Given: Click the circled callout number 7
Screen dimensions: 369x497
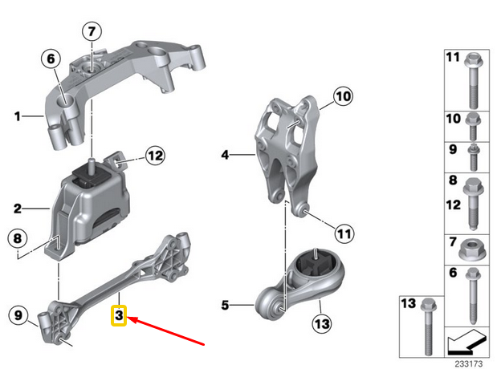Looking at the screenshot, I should click(91, 33).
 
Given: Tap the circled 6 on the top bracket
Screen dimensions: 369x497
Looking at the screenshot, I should click(51, 59).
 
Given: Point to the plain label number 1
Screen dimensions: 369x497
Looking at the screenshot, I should click(17, 117).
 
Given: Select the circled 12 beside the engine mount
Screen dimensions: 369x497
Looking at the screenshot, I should click(154, 154).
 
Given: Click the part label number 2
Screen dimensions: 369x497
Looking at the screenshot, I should click(17, 209).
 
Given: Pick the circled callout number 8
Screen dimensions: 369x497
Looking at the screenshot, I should click(17, 238).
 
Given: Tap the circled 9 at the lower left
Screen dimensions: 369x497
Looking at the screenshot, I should click(17, 316).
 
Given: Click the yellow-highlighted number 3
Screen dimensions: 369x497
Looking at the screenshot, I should click(118, 316).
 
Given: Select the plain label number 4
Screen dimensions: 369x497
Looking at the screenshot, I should click(226, 154).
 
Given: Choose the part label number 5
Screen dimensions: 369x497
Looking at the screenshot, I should click(226, 305).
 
